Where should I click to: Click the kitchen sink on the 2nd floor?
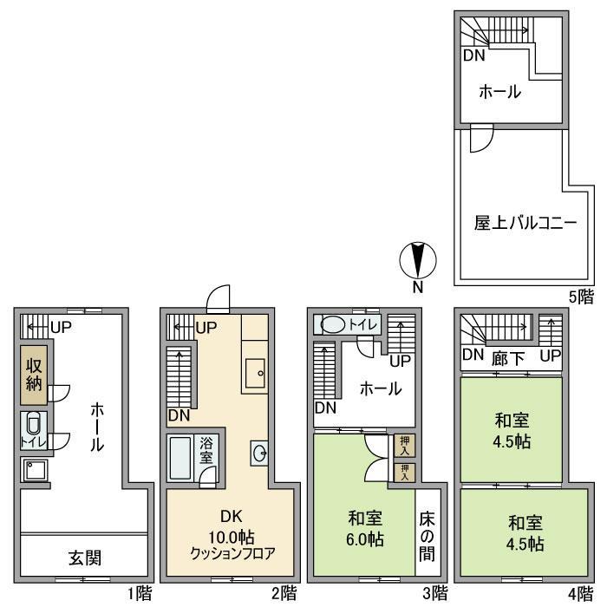255,374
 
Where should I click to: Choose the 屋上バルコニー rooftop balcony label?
512,223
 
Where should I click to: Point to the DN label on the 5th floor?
473,56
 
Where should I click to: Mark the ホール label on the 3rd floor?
381,389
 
